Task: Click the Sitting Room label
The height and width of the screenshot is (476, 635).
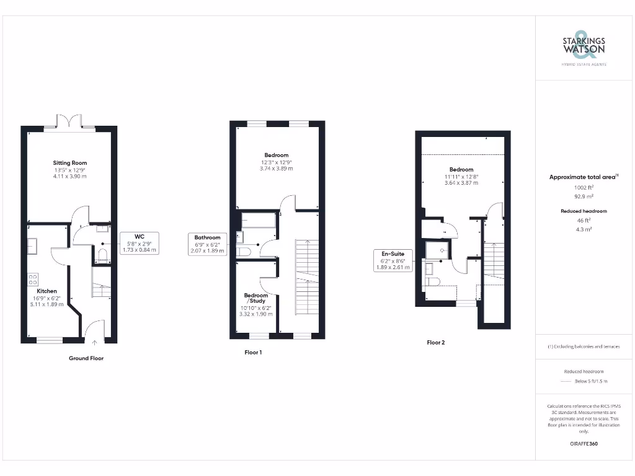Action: [69, 163]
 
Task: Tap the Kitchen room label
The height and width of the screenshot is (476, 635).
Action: [47, 291]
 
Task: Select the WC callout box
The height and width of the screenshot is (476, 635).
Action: [139, 242]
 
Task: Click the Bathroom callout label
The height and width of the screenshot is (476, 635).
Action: [207, 244]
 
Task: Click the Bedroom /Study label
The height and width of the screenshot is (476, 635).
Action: [256, 297]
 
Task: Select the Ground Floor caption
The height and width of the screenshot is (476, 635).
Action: [86, 358]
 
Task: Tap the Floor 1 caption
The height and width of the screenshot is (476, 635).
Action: [254, 352]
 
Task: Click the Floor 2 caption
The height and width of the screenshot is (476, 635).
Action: [436, 342]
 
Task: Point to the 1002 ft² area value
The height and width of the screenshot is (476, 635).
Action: [584, 187]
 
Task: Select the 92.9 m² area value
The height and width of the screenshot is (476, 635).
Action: [584, 196]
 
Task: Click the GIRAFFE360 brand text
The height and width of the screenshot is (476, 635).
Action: [584, 444]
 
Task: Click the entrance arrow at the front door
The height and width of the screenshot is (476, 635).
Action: [94, 342]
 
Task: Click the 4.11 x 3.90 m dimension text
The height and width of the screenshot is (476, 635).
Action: [69, 177]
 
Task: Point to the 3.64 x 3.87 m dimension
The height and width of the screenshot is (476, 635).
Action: [461, 183]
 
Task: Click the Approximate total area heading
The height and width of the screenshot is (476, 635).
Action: [583, 177]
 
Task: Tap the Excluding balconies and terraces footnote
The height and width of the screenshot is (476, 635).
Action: [584, 346]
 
